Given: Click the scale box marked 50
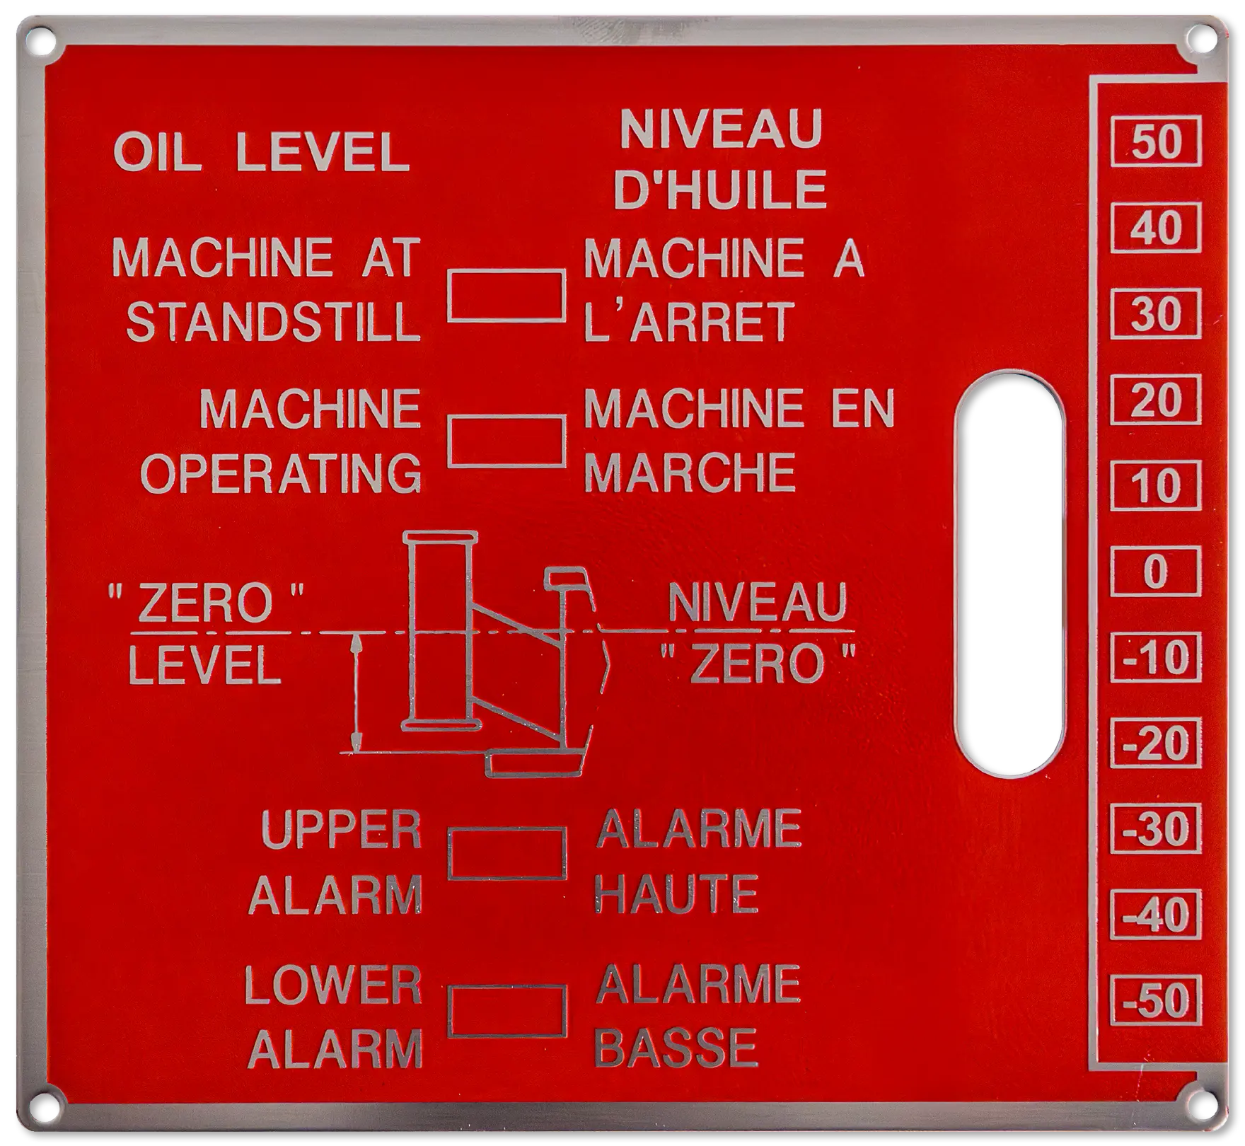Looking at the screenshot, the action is coord(1156,141).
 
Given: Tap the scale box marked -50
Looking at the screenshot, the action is coord(1156,1000).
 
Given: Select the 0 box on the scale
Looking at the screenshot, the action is coord(1156,571).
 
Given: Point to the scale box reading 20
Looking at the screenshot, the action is coord(1156,400).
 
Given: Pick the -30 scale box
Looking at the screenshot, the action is coord(1156,828).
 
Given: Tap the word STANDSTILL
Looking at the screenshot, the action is coord(273,323).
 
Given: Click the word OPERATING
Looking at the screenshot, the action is coord(282,473).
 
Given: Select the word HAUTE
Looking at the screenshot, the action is coord(677,893).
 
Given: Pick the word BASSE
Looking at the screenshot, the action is coord(677,1048).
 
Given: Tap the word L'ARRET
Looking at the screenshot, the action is coord(687,323).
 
